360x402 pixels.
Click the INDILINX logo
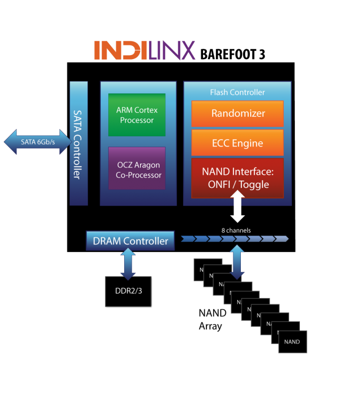tap(144, 50)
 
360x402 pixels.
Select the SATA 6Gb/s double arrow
tap(38, 142)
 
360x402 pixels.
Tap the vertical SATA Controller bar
tap(78, 144)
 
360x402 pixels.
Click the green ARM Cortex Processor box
tap(137, 115)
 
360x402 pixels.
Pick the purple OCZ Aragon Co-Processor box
tap(137, 167)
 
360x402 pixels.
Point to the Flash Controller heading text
tap(237, 92)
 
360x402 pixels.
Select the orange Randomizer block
tap(237, 114)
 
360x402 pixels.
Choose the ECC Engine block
tap(237, 143)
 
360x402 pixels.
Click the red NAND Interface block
tap(237, 178)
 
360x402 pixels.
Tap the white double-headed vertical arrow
tap(237, 208)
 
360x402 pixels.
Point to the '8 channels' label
tap(236, 230)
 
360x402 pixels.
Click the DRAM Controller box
tap(131, 241)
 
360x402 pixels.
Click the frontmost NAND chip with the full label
tap(292, 342)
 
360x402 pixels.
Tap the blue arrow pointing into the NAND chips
tap(237, 262)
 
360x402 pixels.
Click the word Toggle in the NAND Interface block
tap(253, 184)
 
